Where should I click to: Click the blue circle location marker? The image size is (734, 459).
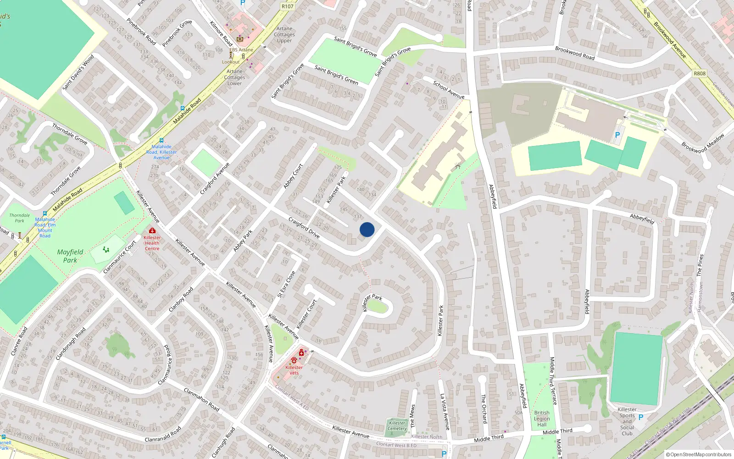[367, 229]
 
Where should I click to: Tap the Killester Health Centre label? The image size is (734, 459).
[152, 243]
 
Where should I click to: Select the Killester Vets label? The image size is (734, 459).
[294, 370]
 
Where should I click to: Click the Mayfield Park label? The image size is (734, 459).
[70, 256]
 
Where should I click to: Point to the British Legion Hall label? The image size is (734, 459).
[542, 419]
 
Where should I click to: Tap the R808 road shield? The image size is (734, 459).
[700, 73]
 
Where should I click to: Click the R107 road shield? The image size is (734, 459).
[288, 6]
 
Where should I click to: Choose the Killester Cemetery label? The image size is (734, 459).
[397, 426]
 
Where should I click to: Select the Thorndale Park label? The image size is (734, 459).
[20, 218]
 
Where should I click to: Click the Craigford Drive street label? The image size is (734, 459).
[304, 228]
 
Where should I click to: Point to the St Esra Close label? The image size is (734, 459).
[286, 284]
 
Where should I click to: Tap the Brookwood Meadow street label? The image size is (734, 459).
[702, 143]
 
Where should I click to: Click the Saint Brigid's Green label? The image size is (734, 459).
[336, 75]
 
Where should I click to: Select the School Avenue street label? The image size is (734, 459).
[449, 90]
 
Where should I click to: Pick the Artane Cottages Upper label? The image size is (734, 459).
[284, 34]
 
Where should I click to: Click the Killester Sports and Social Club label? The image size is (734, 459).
[627, 421]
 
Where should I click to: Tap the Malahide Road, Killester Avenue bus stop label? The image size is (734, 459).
[161, 152]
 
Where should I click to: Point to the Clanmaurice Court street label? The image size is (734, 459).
[120, 257]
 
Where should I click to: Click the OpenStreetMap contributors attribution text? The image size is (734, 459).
[699, 454]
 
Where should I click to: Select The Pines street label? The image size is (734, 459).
[700, 265]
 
